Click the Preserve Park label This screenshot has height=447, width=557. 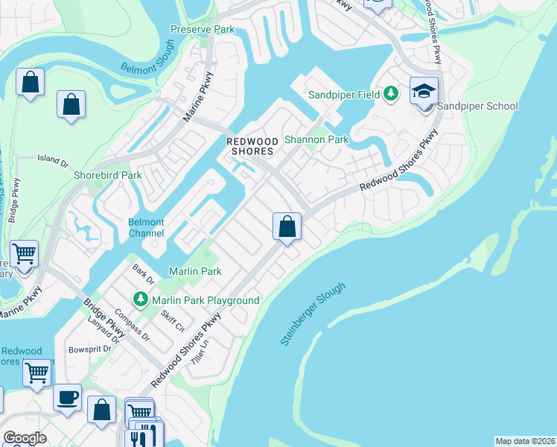pos(203,30)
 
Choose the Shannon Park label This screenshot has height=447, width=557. pos(316,139)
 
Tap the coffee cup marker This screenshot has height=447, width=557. pos(68,397)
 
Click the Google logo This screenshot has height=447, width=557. pos(25,438)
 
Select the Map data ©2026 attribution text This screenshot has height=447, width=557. pos(525,440)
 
